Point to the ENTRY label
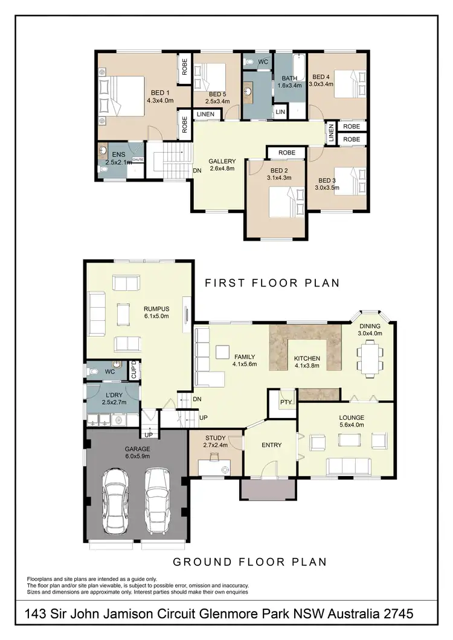[271, 445]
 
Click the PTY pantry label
[284, 402]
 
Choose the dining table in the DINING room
[369, 356]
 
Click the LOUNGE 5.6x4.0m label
[351, 421]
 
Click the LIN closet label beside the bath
[280, 112]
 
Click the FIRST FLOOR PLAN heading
[272, 282]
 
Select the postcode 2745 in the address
[395, 615]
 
